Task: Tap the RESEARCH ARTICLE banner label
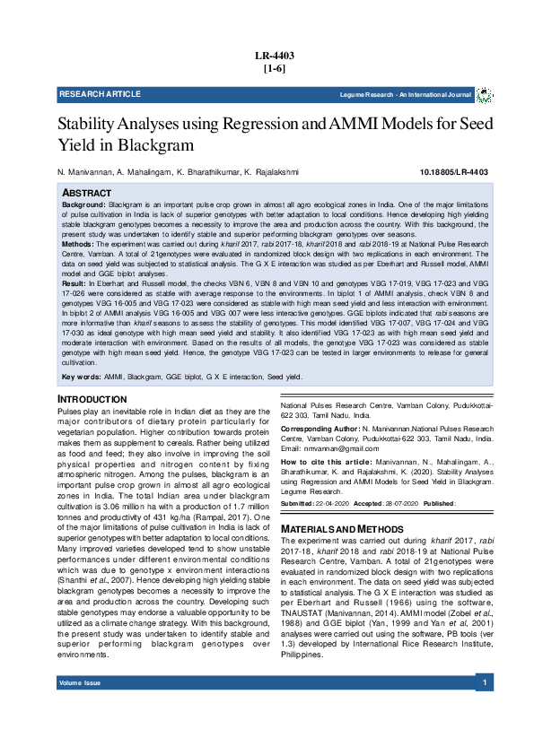[x=100, y=94]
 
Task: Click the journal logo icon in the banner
[x=484, y=94]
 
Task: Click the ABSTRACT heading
[x=86, y=193]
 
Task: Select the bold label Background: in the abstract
[x=83, y=205]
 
